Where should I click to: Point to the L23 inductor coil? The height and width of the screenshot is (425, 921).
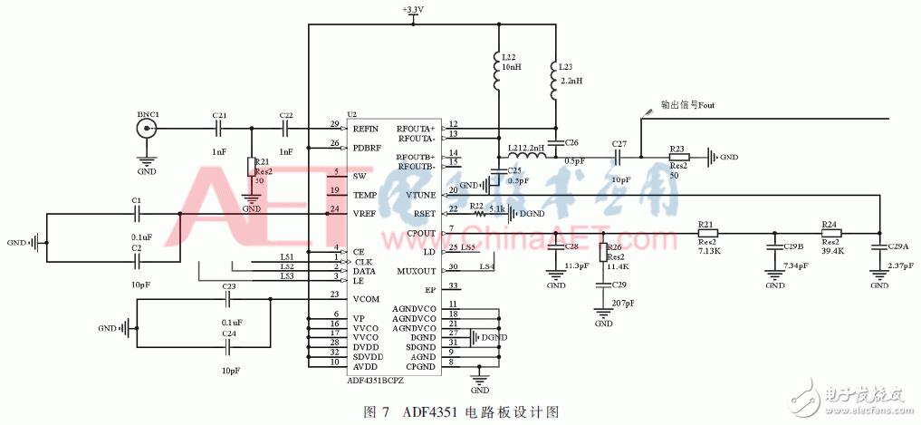coord(554,82)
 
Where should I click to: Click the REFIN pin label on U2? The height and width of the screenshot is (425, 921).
coord(365,128)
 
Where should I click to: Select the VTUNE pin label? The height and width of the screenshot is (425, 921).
coord(421,195)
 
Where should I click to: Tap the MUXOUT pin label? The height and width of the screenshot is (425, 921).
coord(417,271)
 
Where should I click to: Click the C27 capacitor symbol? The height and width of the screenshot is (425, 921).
coord(619,157)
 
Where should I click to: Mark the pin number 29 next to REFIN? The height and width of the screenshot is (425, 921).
coord(334,123)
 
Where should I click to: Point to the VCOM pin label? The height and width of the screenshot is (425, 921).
coord(367,299)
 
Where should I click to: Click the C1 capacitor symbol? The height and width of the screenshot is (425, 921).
coord(136,214)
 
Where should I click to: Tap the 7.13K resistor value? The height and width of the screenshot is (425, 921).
coord(710,251)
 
